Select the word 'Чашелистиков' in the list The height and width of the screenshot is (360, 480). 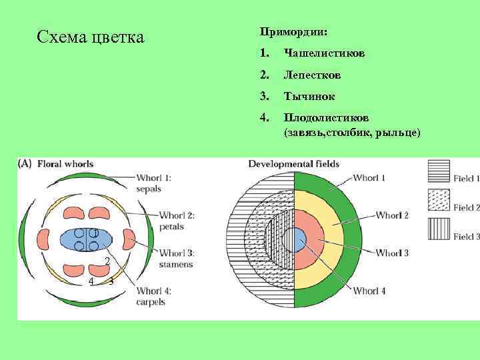tap(323, 53)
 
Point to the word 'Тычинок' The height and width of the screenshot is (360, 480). tap(309, 97)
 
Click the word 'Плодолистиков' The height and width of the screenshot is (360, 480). tap(322, 117)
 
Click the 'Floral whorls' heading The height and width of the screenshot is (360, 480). tap(65, 163)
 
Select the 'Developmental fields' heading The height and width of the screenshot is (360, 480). tap(293, 163)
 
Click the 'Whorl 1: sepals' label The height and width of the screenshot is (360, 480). tap(154, 183)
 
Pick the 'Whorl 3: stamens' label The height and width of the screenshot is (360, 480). tap(177, 258)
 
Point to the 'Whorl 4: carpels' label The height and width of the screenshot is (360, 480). tap(154, 295)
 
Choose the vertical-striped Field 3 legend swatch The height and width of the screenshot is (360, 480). tap(438, 227)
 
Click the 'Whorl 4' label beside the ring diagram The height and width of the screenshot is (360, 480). tap(369, 291)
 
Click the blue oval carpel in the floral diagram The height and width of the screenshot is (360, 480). tap(87, 240)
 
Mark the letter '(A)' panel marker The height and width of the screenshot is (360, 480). tap(25, 163)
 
